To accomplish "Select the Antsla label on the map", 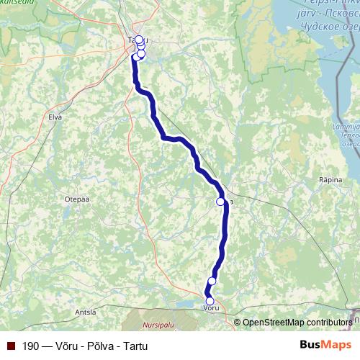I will (x=85, y=312).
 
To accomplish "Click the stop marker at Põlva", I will (x=220, y=202).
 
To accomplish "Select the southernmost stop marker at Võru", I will (x=210, y=301).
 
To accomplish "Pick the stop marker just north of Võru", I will (x=212, y=281).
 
